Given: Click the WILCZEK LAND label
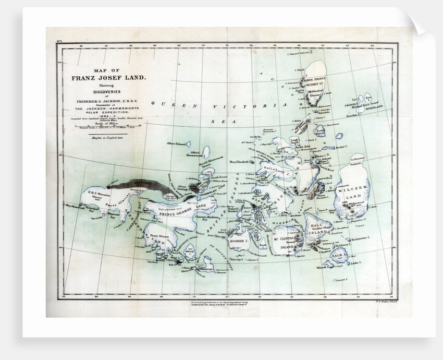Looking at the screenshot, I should pyautogui.click(x=354, y=189).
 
